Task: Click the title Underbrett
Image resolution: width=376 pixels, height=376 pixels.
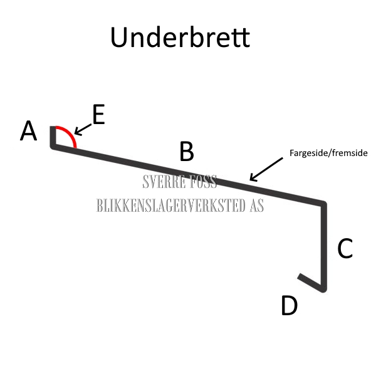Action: (x=180, y=38)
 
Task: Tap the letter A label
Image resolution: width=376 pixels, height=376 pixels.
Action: (x=29, y=132)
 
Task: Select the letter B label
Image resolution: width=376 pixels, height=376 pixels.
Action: (x=187, y=152)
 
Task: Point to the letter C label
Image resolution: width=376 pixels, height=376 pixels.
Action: (x=345, y=249)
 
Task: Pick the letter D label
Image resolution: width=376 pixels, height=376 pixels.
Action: (x=289, y=306)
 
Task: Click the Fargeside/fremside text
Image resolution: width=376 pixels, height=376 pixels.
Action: (x=328, y=152)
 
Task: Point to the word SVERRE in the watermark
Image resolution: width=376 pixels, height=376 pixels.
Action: (x=164, y=183)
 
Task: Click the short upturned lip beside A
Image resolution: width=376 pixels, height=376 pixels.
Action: (x=53, y=136)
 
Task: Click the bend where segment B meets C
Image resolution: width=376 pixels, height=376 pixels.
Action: (x=323, y=204)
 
